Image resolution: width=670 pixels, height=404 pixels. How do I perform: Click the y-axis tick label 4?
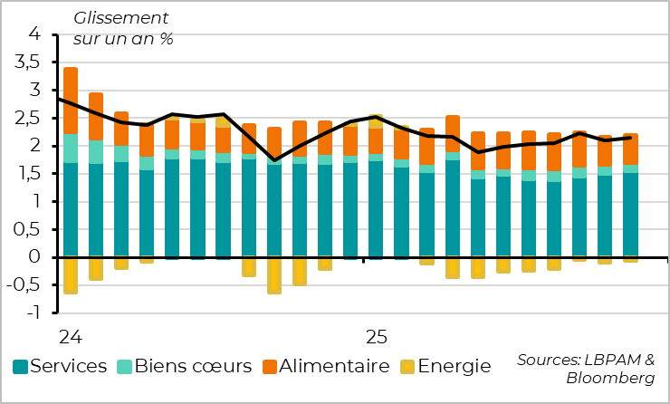[x=36, y=34]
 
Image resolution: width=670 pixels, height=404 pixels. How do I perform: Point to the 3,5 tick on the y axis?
[x=30, y=63]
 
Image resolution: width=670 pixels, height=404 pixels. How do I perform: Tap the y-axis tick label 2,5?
[x=30, y=119]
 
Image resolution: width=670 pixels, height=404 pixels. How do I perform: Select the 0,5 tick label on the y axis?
[x=30, y=230]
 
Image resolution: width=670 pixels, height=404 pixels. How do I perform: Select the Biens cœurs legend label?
[x=195, y=367]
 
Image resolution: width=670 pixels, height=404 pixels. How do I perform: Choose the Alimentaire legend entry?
[x=336, y=367]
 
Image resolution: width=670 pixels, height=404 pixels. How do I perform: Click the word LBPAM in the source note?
[x=609, y=360]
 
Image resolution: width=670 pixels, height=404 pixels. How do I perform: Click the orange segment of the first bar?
[x=70, y=101]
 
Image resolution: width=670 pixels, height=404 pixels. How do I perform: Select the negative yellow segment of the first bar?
[x=70, y=275]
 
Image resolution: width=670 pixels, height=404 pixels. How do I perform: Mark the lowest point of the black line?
[x=274, y=160]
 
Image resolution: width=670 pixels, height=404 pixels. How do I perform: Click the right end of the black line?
[x=630, y=138]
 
